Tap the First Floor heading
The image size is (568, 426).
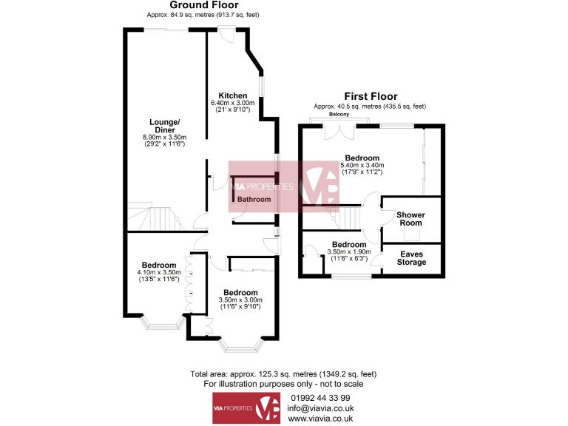(371, 96)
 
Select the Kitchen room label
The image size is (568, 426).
(232, 95)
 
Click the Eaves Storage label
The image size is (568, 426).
(411, 257)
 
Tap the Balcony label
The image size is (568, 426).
(339, 114)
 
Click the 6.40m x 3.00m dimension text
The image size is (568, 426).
(232, 103)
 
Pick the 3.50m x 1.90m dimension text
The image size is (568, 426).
(349, 251)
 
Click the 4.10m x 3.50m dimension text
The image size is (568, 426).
(159, 272)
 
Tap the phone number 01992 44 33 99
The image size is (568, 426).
(320, 398)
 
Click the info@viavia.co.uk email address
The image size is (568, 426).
(320, 408)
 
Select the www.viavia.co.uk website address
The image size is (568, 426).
(320, 419)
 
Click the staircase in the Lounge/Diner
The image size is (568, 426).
(155, 219)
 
